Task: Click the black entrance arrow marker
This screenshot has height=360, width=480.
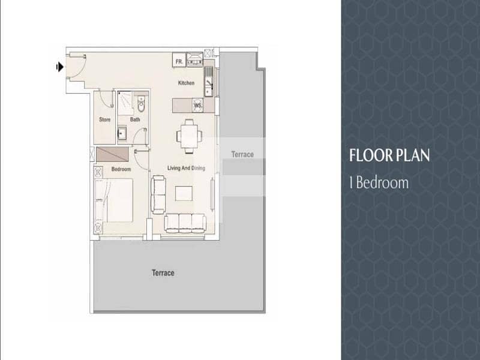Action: click(60, 67)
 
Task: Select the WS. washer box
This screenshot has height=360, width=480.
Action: click(198, 106)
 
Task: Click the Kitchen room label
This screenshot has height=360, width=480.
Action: click(186, 83)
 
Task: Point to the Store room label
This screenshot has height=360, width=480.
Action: click(104, 119)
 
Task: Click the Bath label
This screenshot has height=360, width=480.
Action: click(135, 119)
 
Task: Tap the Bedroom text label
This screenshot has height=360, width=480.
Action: click(121, 169)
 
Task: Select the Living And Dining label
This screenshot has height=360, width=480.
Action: click(186, 168)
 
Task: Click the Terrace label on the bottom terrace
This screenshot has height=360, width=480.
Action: click(163, 273)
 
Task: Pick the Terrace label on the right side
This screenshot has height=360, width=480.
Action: click(242, 154)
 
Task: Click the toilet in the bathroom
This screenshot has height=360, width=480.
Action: click(141, 104)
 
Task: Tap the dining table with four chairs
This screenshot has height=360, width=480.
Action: click(189, 136)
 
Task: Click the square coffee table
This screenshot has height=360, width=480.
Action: click(184, 193)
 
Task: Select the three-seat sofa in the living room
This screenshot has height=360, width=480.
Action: click(185, 223)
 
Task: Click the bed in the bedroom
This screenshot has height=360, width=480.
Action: click(114, 200)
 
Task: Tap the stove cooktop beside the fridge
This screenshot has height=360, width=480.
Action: click(195, 59)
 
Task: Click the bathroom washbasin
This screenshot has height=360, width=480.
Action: click(122, 133)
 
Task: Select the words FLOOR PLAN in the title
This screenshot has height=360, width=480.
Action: click(389, 155)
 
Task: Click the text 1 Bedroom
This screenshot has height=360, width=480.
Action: click(379, 182)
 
